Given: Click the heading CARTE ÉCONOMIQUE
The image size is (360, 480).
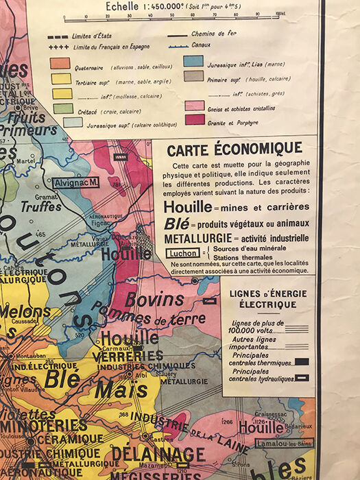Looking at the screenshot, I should (235, 148).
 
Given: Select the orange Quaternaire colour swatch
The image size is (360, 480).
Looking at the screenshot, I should (60, 63).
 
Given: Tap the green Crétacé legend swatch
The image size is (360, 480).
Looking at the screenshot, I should (63, 108).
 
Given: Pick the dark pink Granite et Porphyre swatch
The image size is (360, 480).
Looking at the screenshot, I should (194, 119).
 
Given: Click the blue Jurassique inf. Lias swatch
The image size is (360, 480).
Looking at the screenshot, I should (193, 61).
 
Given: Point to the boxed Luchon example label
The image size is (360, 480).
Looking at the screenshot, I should (182, 253).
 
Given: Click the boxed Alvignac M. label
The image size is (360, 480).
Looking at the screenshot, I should (76, 182).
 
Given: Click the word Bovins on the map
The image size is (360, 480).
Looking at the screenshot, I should (149, 300).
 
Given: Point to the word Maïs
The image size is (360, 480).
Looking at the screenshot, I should (112, 389).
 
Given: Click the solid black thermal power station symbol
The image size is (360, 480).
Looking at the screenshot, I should (301, 361).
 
